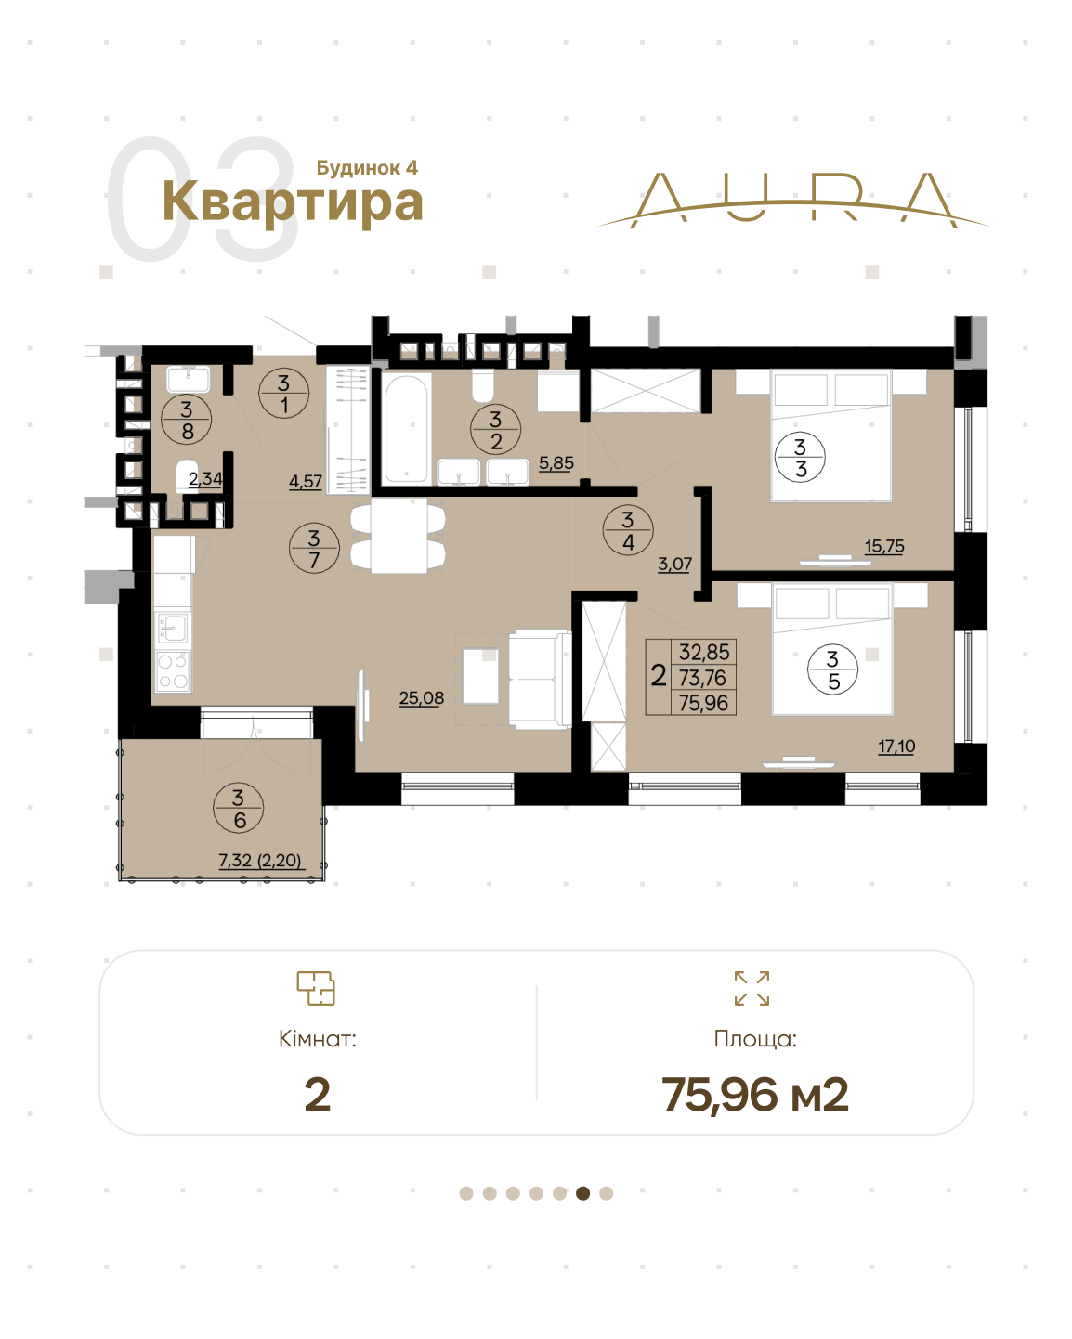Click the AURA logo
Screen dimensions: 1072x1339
[793, 201]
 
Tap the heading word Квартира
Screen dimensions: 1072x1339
[293, 201]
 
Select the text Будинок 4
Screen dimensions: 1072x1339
[367, 167]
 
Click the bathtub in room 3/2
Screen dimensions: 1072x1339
[406, 429]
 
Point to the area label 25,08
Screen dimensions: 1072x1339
[422, 698]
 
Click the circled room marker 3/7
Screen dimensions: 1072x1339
[314, 548]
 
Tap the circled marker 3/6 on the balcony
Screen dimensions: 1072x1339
[239, 808]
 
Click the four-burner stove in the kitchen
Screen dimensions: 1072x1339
[173, 671]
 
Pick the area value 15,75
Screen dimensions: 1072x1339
[884, 546]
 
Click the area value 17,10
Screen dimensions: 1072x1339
[896, 746]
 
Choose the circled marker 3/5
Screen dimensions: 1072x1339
[833, 669]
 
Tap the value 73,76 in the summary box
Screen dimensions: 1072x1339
[703, 677]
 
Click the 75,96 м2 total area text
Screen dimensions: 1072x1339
[754, 1095]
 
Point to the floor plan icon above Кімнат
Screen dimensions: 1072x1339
[316, 988]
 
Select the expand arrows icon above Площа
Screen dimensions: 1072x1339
[752, 988]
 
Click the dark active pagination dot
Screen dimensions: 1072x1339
[583, 1193]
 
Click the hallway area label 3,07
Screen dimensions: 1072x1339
[674, 565]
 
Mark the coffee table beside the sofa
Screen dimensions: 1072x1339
[481, 676]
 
